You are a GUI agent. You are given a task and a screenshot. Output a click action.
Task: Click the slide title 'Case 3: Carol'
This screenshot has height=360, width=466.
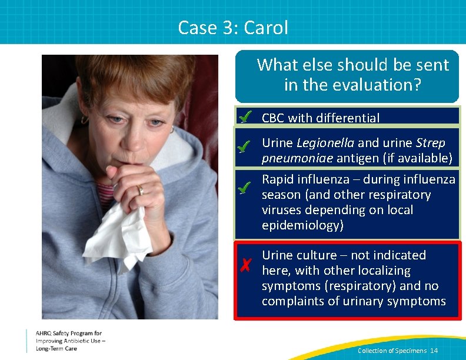coord(233,27)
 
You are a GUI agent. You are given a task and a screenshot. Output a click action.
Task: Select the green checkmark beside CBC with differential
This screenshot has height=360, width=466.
coord(246,116)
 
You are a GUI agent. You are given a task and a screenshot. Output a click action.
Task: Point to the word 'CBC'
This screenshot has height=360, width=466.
coord(273,118)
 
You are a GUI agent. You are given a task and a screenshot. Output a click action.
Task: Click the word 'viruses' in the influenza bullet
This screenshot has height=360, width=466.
coord(282,210)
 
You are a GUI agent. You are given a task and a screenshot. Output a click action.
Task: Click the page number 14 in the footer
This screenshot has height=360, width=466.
coord(434,351)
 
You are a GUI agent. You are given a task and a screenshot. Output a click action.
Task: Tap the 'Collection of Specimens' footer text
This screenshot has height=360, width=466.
coord(392,351)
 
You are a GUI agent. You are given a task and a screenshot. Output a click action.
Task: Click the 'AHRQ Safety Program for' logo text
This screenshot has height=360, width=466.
coord(68,334)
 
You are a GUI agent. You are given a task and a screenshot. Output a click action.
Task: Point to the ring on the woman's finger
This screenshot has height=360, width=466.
coord(139,190)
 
